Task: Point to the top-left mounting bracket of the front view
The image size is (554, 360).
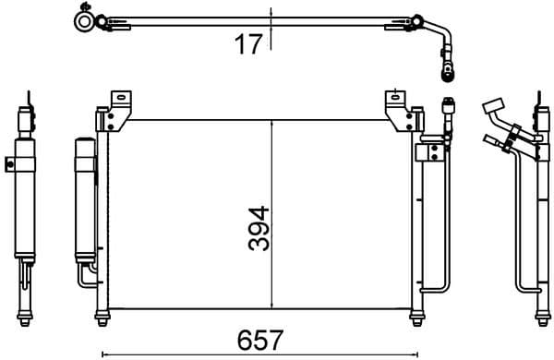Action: tap(117, 109)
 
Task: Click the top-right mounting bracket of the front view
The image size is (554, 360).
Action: tap(399, 109)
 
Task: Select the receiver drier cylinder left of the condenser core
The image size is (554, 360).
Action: tap(84, 198)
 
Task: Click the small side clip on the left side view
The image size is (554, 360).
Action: tap(10, 164)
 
